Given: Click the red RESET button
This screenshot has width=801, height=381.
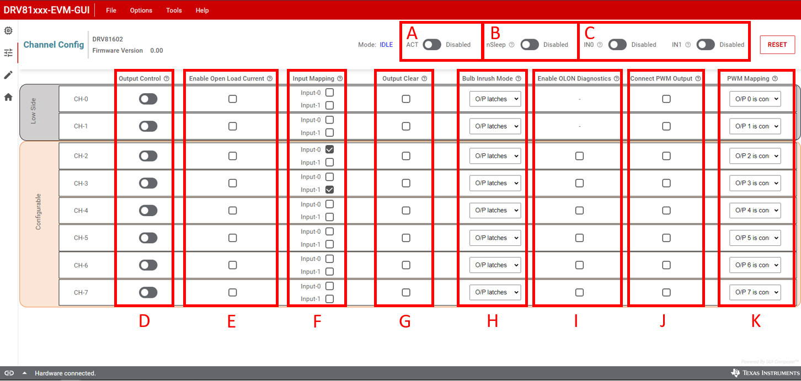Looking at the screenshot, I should [777, 45].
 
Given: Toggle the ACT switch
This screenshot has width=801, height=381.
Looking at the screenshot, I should [432, 45].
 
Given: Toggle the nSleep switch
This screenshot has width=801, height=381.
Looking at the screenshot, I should [530, 45].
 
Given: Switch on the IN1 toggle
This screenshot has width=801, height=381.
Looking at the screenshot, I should [706, 45].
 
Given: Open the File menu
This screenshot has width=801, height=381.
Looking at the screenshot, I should [111, 10].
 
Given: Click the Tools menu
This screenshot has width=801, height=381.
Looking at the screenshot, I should [174, 10].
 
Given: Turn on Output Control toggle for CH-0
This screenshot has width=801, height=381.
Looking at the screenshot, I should [148, 99].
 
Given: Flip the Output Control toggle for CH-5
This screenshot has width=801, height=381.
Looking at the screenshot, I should [148, 238].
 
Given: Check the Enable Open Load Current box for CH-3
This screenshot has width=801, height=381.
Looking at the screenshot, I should [233, 183].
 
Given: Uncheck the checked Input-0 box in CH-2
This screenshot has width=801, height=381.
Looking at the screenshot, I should [329, 149].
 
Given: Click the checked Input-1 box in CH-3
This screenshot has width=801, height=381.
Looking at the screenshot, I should [329, 190].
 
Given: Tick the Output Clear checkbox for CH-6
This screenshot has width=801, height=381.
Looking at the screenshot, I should [406, 265].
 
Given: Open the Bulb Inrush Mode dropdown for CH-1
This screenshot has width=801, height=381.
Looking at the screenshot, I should [495, 126].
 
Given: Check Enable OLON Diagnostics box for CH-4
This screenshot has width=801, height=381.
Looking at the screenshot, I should [579, 211].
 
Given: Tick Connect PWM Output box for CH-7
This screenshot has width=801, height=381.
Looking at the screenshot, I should [666, 292].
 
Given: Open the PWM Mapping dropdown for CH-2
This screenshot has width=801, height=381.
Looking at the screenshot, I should [755, 156].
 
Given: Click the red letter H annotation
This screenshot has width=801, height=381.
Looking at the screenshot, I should [492, 321].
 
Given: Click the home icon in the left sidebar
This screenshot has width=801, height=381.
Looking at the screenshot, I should [8, 97].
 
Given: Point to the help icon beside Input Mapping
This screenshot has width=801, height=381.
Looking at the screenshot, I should [340, 79].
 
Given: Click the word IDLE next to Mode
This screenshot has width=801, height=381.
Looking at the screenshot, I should [386, 45].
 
